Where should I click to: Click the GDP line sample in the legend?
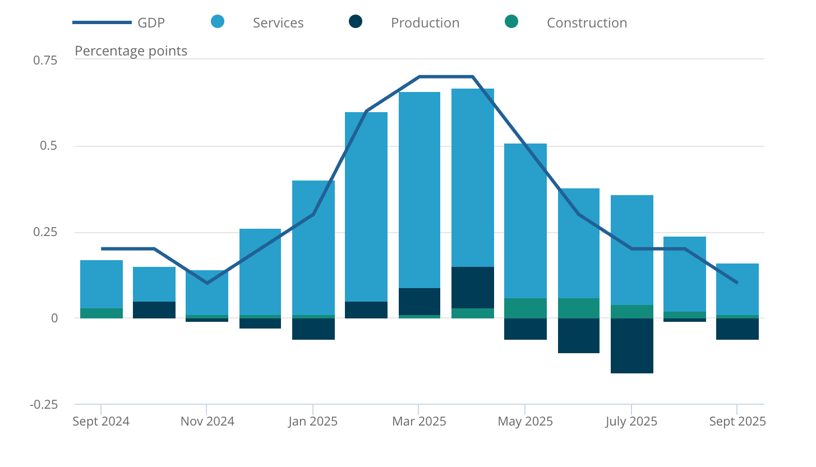pos(102,22)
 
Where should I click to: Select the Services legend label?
pos(278,23)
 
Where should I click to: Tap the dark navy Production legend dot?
pos(356,22)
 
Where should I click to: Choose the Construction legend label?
pos(587,23)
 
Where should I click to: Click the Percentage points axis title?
pos(131,51)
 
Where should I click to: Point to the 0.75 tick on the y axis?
pos(45,60)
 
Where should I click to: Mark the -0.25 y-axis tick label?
pos(43,405)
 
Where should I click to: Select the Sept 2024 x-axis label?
pos(101,422)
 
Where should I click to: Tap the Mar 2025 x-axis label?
pos(419,422)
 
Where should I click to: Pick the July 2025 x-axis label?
pos(631,422)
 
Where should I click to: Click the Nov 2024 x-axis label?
pos(207,422)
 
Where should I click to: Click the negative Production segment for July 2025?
pos(631,345)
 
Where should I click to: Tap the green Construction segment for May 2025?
pos(525,308)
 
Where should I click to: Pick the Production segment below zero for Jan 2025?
pos(313,329)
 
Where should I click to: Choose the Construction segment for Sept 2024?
pos(101,313)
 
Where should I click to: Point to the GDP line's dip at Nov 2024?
pos(207,283)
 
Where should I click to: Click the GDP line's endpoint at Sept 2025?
pos(736,283)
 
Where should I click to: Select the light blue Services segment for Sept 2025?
pos(737,289)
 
